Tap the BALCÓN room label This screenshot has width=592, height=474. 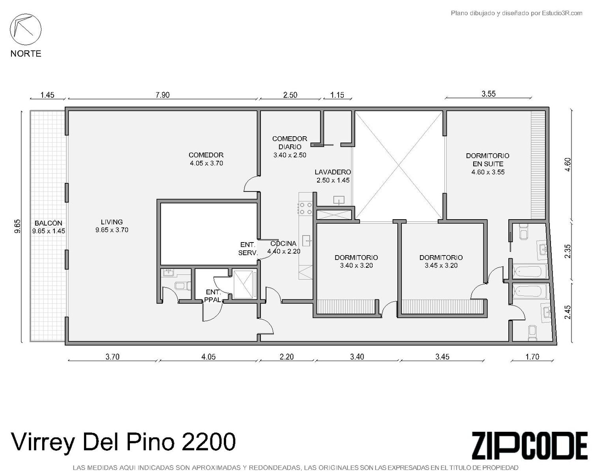[x=49, y=223]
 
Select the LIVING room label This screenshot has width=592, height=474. [x=112, y=222]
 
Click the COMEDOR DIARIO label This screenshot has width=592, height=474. [x=290, y=143]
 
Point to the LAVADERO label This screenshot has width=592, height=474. [x=333, y=172]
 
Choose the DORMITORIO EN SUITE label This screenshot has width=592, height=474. [x=488, y=160]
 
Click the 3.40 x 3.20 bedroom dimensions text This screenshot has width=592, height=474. [x=356, y=265]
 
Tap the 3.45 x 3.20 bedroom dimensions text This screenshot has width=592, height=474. [x=441, y=265]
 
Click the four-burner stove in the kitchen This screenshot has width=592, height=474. [x=306, y=209]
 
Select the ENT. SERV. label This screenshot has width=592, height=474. [x=248, y=249]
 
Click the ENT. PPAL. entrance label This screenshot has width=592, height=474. [x=214, y=296]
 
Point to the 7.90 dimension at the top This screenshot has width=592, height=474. [x=163, y=95]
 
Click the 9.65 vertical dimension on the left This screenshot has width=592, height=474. [x=17, y=226]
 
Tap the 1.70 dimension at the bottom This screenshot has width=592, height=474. [x=532, y=357]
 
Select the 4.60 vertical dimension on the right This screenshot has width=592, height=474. [x=568, y=164]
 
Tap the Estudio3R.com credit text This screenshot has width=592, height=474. [x=562, y=13]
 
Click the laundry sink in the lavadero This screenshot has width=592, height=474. [x=339, y=201]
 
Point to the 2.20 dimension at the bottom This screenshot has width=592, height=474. [x=287, y=357]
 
